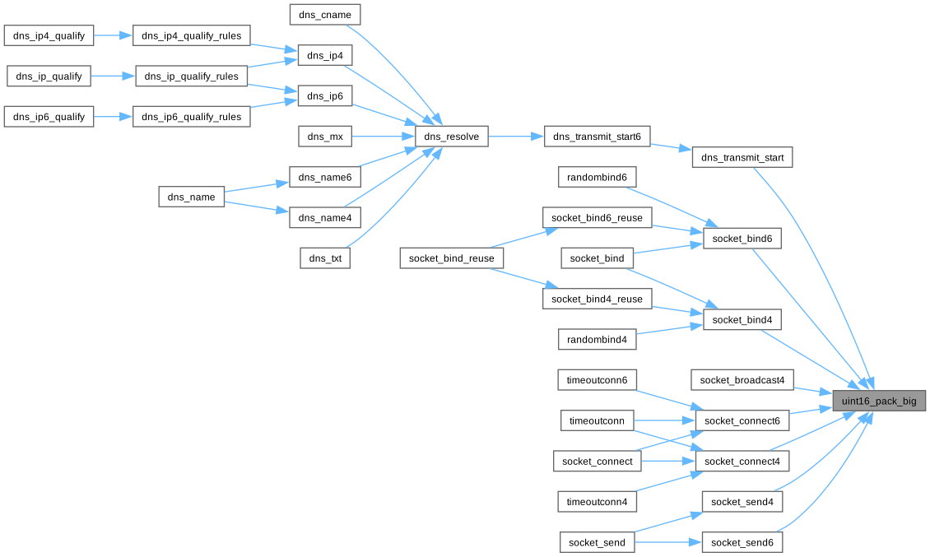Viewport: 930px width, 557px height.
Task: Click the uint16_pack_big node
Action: (879, 401)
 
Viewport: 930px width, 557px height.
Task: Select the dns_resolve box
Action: (451, 137)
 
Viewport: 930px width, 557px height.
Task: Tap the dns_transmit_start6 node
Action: (597, 137)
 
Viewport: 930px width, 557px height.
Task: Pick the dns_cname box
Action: (325, 14)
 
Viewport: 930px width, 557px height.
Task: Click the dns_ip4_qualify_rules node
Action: (191, 35)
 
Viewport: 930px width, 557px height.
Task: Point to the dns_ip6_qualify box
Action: (49, 116)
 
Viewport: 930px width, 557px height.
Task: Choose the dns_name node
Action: (191, 197)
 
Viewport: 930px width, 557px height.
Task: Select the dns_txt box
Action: (325, 258)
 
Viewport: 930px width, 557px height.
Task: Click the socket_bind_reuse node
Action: (452, 258)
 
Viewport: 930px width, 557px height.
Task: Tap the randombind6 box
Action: (597, 177)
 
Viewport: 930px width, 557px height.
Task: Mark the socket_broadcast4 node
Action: (742, 379)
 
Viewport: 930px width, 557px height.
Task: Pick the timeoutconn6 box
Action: (597, 379)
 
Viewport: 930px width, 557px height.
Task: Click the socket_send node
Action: (597, 542)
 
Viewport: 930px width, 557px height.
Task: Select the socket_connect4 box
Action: (742, 461)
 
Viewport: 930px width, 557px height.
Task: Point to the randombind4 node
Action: (597, 338)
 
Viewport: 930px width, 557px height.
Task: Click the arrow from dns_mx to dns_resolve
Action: (383, 137)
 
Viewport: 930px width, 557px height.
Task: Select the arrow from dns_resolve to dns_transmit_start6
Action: (516, 137)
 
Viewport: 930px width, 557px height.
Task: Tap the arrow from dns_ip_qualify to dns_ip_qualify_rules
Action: (112, 76)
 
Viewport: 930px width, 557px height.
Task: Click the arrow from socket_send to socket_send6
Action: (668, 542)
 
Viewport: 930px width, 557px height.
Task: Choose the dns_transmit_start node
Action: (742, 156)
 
